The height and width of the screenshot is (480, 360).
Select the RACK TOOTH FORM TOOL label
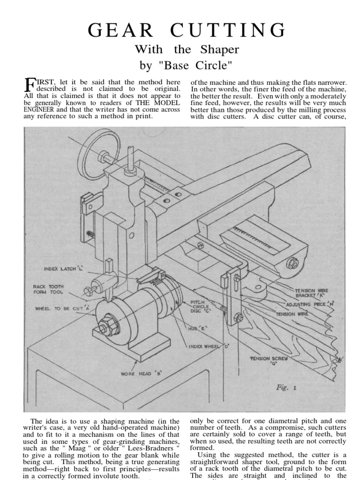[48, 289]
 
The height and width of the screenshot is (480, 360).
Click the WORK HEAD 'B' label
[141, 374]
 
